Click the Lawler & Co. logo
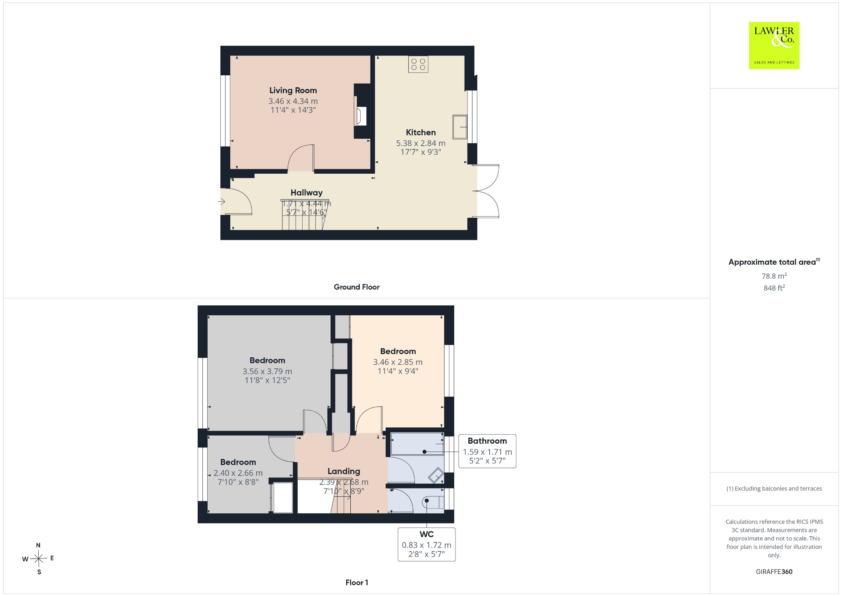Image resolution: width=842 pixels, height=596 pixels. [774, 45]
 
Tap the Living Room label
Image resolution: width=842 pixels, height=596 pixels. [293, 91]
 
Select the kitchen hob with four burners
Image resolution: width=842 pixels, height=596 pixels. [418, 64]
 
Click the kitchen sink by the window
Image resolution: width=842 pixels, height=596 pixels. [460, 127]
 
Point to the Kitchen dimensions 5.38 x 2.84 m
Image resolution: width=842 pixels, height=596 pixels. [421, 143]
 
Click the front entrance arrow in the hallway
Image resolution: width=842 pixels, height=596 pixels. [222, 202]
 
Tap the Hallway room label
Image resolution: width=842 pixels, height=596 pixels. [306, 193]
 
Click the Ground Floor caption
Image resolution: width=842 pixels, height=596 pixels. [356, 287]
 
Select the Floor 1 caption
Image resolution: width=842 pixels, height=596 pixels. [357, 582]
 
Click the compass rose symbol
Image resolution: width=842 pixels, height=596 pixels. [39, 559]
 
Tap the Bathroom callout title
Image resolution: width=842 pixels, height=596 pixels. [487, 441]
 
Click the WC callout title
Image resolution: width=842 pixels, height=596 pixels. [427, 534]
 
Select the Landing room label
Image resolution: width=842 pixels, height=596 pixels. [344, 471]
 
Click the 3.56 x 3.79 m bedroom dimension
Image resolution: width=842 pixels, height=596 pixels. [267, 371]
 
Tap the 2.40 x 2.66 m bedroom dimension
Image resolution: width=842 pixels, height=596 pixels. [238, 473]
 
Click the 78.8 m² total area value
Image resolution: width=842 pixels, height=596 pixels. [774, 276]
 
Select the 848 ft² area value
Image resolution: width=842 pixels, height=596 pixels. [774, 288]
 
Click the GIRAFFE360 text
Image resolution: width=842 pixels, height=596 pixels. [774, 571]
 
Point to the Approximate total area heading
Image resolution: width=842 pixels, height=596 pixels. [774, 262]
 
